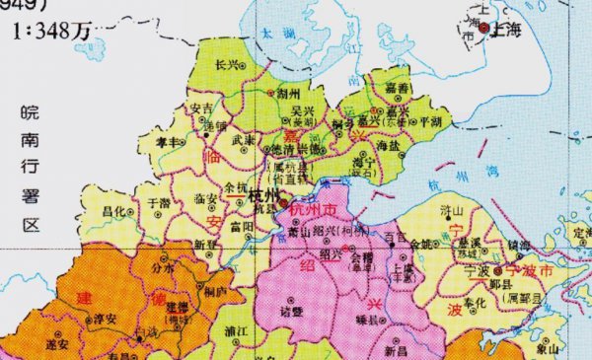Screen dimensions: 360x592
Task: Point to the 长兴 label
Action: (x=227, y=65)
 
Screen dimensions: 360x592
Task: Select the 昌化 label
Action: (x=115, y=212)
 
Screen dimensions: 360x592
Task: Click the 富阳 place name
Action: (x=242, y=226)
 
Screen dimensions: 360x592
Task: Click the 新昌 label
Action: (x=396, y=350)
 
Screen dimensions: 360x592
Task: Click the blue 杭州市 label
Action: (x=313, y=210)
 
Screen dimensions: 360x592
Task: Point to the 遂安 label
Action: (x=57, y=345)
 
